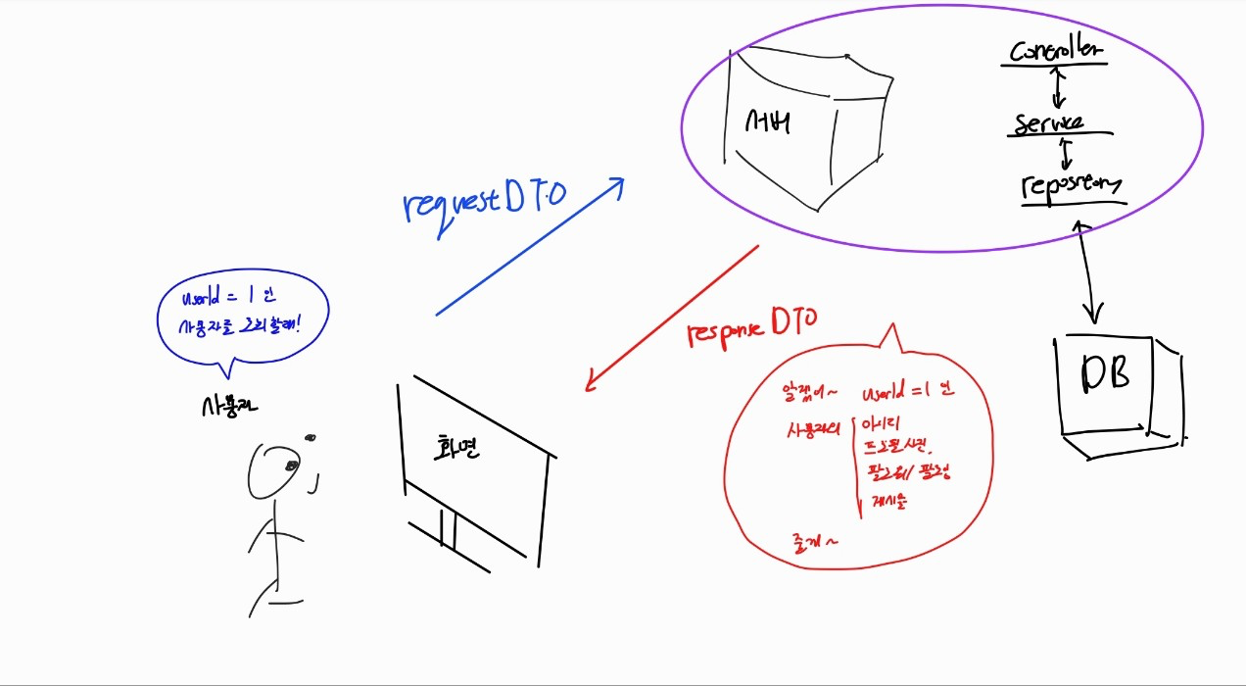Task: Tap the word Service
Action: click(1049, 123)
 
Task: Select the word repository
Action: click(1071, 184)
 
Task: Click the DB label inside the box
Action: click(1105, 373)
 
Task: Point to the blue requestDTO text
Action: click(484, 199)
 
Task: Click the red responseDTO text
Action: click(752, 324)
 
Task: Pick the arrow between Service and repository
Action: click(1066, 152)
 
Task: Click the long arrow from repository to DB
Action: click(1086, 270)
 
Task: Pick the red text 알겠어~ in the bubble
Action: click(809, 393)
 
